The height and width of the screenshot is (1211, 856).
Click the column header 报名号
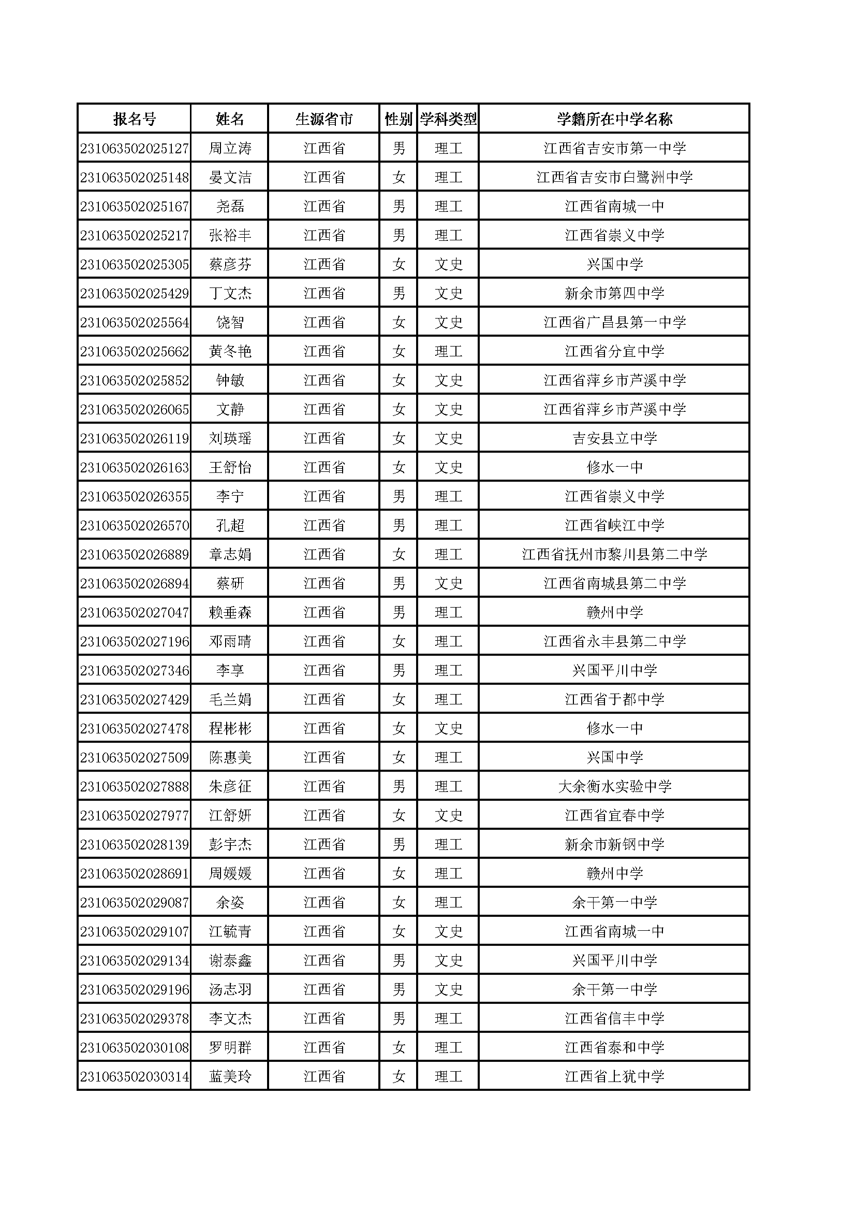(135, 119)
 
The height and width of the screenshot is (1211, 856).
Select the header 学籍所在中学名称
(614, 119)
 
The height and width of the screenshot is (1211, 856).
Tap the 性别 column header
(398, 119)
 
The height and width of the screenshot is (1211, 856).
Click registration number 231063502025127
(135, 149)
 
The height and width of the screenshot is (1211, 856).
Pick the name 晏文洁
(230, 178)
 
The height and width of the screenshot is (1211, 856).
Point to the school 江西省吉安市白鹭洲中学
(614, 178)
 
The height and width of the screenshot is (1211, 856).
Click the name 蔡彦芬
(230, 265)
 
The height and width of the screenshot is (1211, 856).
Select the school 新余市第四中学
(614, 294)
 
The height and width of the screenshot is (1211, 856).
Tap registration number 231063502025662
(135, 352)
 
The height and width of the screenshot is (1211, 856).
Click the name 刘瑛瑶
(230, 439)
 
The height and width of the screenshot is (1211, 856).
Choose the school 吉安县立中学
(614, 439)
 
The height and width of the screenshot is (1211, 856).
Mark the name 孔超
(230, 526)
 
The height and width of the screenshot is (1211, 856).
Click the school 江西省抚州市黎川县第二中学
(614, 555)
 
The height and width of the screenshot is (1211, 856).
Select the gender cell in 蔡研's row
(399, 584)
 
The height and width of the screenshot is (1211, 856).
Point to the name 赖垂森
(230, 613)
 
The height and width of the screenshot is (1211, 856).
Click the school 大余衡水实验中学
(614, 787)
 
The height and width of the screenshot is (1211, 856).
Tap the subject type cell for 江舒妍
(448, 816)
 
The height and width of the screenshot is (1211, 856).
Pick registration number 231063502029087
(135, 903)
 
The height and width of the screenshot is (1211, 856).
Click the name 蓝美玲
(230, 1077)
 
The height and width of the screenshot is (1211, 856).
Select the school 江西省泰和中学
(614, 1048)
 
